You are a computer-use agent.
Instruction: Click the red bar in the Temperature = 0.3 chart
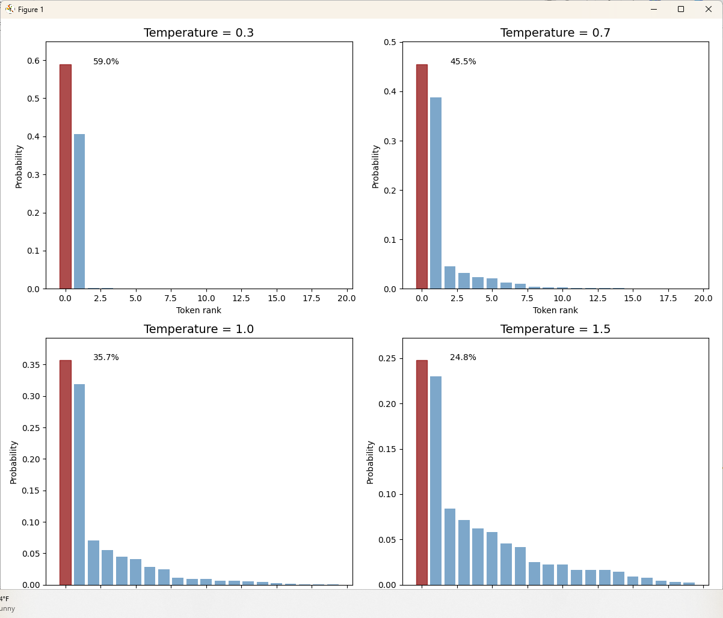coord(65,177)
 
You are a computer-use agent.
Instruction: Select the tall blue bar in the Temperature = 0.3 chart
coord(79,212)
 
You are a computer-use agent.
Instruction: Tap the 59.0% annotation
coord(106,61)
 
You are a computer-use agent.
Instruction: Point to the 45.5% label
coord(463,61)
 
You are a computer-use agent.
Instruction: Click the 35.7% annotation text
coord(106,357)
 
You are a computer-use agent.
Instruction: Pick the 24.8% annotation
coord(463,357)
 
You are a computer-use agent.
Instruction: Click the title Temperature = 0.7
coord(555,32)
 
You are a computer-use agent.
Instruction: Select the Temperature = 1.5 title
coord(555,329)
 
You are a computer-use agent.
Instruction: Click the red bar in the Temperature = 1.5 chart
coord(422,473)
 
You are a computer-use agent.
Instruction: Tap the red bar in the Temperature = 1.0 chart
coord(65,473)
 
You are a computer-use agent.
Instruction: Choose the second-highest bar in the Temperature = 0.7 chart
coord(436,193)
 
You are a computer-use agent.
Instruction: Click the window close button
coord(709,9)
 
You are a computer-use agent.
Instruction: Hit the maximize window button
coord(681,9)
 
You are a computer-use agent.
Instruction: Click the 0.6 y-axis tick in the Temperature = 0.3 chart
coord(32,61)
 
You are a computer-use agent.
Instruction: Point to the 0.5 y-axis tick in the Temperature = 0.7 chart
coord(389,42)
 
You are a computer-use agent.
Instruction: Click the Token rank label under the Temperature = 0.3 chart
coord(198,310)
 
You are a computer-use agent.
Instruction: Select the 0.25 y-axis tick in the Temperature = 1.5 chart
coord(387,358)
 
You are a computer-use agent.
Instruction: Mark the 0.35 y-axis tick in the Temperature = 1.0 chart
coord(30,365)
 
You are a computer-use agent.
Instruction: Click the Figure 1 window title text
coord(31,10)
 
